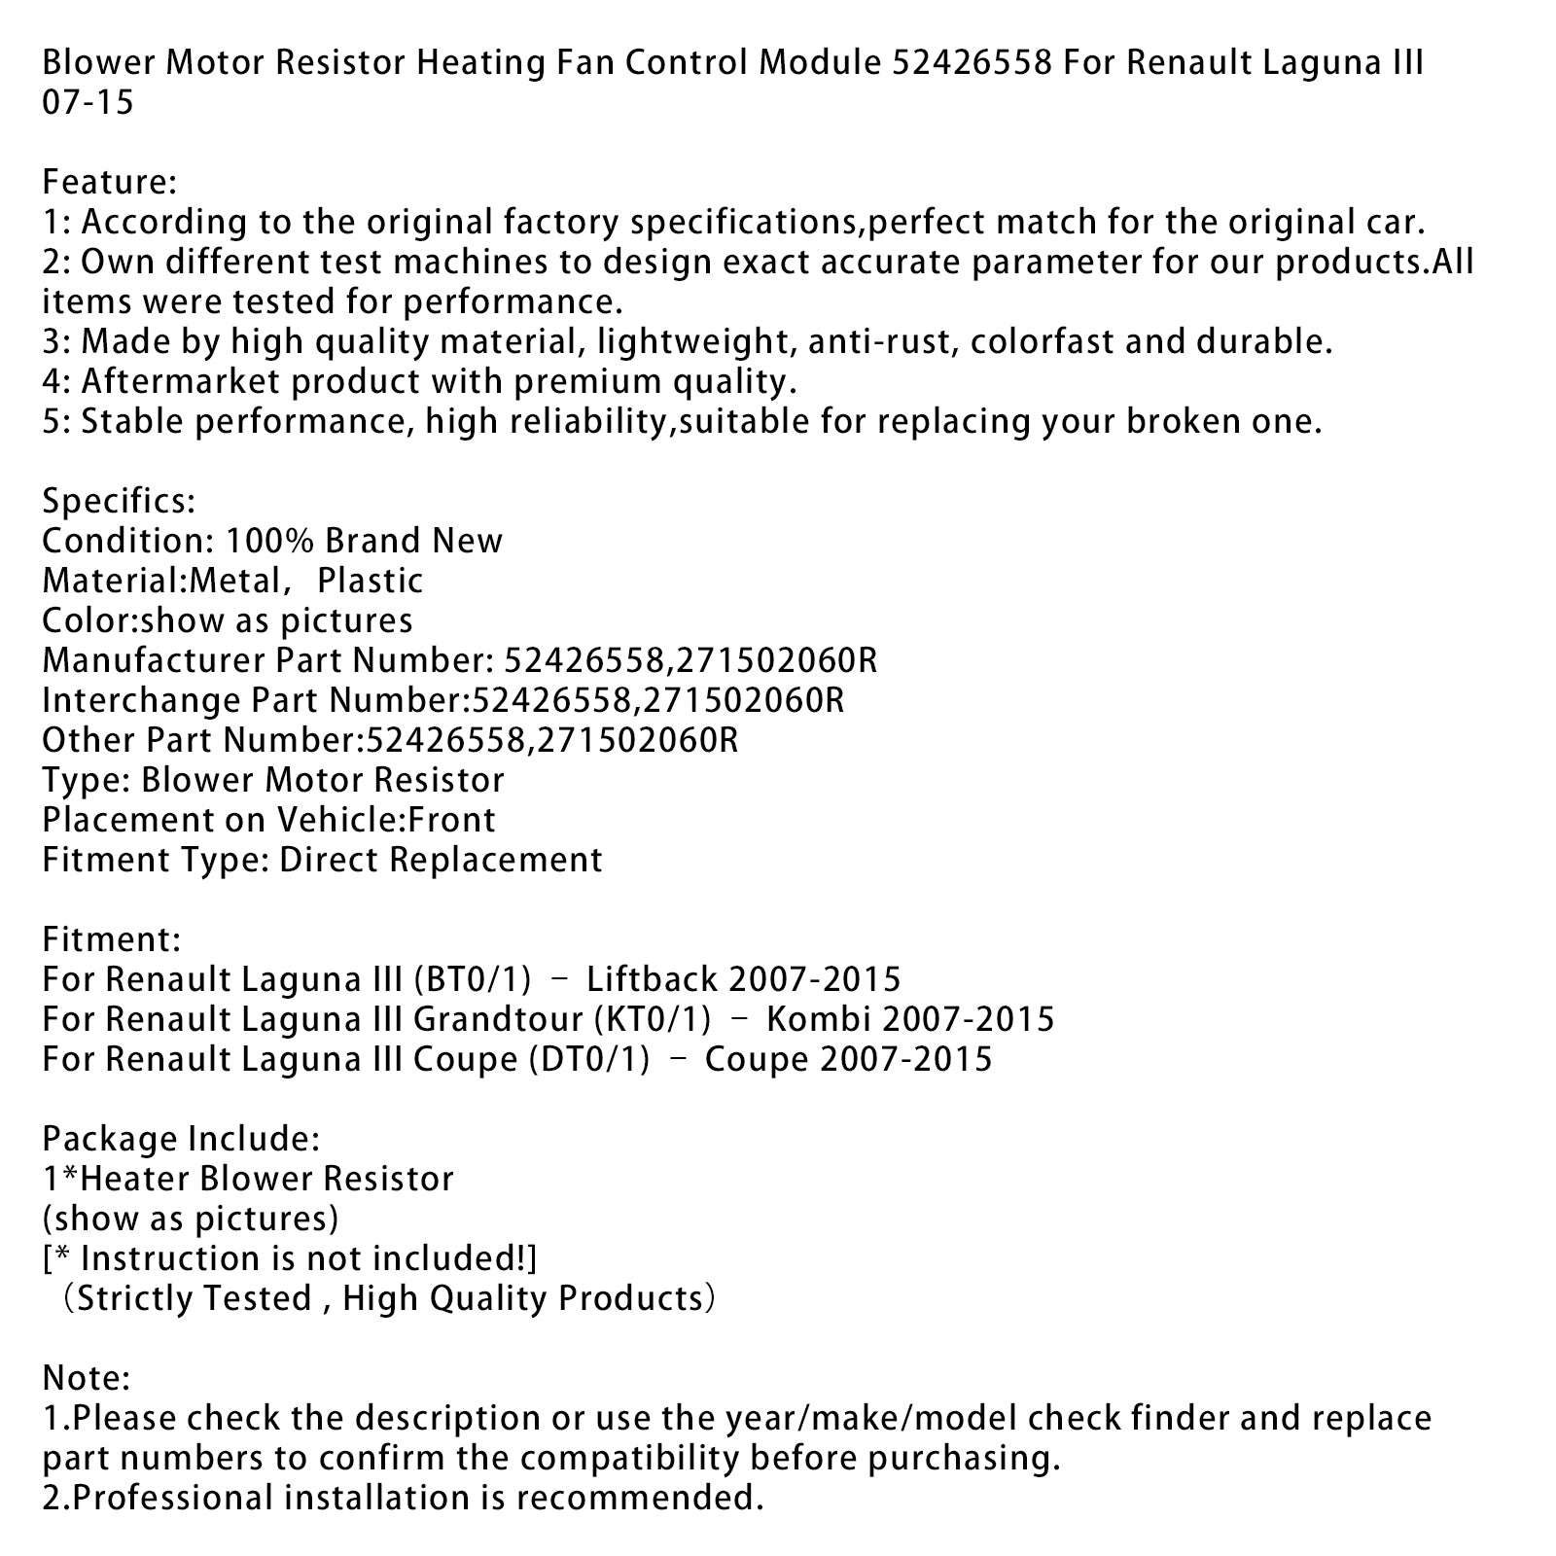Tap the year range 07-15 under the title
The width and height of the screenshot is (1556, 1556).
point(88,103)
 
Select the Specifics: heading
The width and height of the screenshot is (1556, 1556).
point(119,502)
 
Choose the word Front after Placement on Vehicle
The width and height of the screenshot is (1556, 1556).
point(451,821)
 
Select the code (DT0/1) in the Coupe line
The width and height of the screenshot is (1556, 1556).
point(589,1059)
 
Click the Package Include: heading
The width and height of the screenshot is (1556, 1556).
point(180,1139)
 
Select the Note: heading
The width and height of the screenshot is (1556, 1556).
point(86,1378)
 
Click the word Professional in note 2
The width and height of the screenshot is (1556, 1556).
point(170,1498)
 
